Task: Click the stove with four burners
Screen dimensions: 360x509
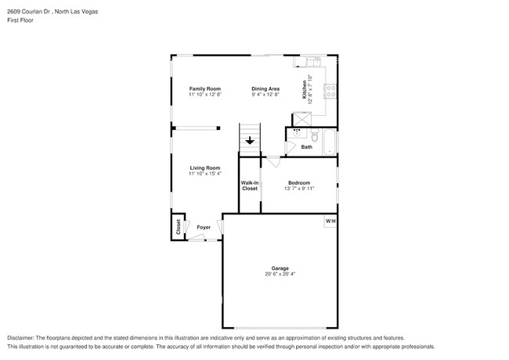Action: [x=331, y=90]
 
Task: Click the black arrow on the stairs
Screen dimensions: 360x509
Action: [x=249, y=142]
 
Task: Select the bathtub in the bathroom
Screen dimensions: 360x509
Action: [x=330, y=141]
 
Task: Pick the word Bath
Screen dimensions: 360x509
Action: [x=307, y=147]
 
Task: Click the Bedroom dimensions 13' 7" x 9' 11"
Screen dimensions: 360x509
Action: [x=299, y=189]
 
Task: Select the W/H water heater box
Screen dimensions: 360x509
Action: [x=330, y=221]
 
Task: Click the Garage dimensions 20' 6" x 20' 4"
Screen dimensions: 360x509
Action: [x=280, y=274]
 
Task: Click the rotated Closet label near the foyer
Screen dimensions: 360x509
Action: [x=179, y=227]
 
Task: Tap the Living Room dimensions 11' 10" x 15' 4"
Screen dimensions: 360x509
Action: [x=205, y=174]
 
